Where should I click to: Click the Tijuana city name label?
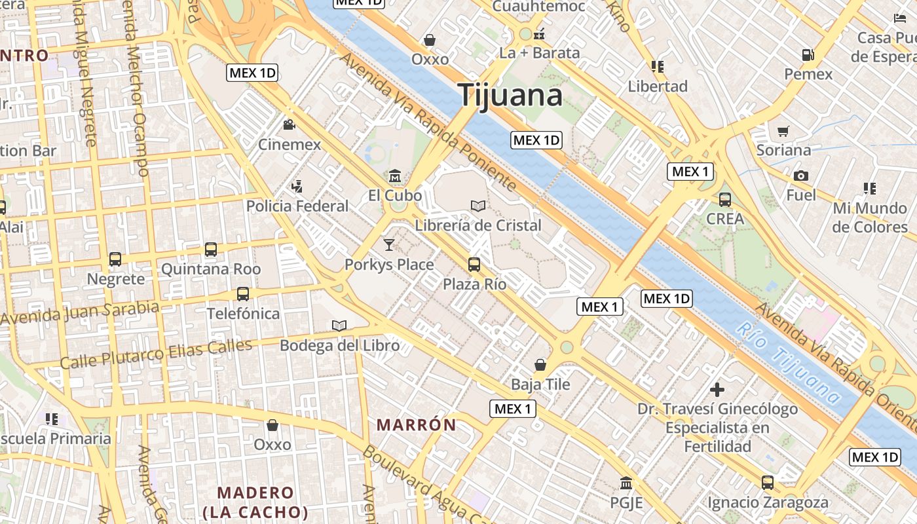[x=510, y=96]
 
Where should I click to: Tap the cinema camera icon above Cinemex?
[x=289, y=125]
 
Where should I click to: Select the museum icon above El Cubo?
[x=395, y=176]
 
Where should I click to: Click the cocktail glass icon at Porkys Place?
[x=389, y=245]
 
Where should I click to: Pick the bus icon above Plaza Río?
[x=474, y=265]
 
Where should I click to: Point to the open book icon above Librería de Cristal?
[x=478, y=206]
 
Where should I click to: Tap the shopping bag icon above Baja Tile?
[x=540, y=364]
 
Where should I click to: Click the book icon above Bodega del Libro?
[x=339, y=326]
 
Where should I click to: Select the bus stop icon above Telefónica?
[x=243, y=294]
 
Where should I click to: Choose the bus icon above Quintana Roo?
[x=210, y=250]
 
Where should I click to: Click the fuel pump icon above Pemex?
[x=808, y=55]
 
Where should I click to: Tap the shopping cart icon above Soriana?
[x=783, y=131]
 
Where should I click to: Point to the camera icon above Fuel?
[x=800, y=176]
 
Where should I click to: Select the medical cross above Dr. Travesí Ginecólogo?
[x=717, y=390]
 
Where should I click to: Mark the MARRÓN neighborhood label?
[x=417, y=424]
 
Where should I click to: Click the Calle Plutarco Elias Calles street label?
[x=156, y=354]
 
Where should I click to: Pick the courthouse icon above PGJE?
[x=626, y=483]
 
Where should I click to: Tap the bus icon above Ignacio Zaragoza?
[x=768, y=483]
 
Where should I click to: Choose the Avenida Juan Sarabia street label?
[x=80, y=314]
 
